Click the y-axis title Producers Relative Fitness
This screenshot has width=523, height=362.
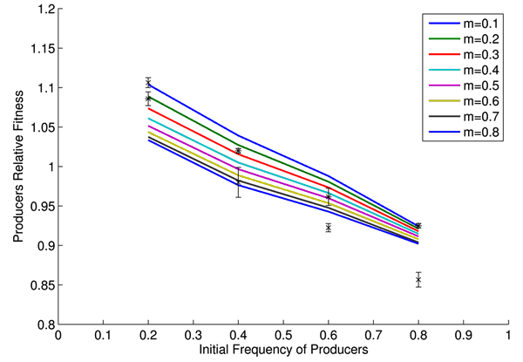(16, 167)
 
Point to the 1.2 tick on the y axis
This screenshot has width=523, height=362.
(42, 10)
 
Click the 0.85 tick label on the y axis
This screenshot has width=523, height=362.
(39, 285)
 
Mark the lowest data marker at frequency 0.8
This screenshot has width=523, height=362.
(418, 280)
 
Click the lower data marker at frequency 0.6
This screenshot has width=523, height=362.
(329, 228)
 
